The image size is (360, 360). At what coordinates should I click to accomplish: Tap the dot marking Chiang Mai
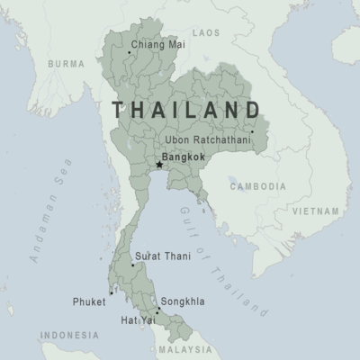(129, 52)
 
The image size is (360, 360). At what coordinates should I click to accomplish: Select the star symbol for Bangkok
(159, 165)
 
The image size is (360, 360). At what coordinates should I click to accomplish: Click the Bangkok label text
(185, 157)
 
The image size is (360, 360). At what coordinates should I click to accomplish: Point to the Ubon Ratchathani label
(209, 140)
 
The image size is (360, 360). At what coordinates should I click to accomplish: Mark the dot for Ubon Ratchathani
(253, 132)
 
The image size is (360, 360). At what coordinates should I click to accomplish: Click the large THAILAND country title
(186, 110)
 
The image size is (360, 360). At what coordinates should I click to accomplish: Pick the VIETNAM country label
(316, 209)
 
